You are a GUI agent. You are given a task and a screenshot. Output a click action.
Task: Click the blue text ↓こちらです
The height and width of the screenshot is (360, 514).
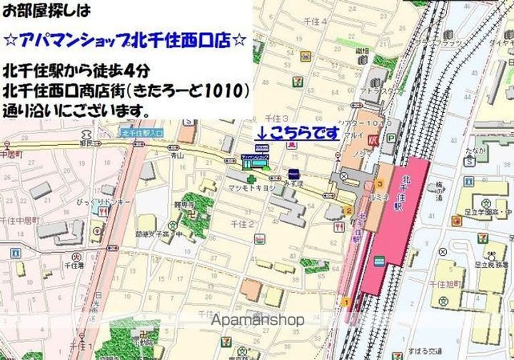pyautogui.click(x=298, y=132)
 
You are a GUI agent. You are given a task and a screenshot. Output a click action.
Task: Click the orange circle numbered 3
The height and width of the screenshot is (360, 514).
pyautogui.click(x=380, y=184)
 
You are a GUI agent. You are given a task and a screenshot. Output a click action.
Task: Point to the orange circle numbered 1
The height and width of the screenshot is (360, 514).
pyautogui.click(x=346, y=302)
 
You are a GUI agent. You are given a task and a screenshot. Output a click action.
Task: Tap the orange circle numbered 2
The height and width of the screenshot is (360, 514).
pyautogui.click(x=348, y=211)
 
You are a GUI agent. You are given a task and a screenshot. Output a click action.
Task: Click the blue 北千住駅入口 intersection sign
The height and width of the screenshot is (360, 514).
pyautogui.click(x=142, y=131)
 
